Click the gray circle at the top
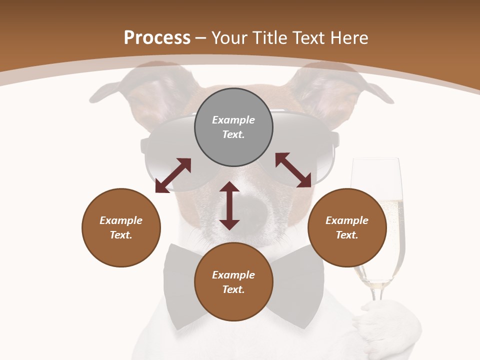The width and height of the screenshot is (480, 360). pos(233,127)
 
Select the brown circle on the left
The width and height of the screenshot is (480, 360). pos(121,227)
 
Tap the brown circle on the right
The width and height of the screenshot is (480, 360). pos(347,227)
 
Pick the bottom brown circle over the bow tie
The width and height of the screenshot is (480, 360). pos(233,282)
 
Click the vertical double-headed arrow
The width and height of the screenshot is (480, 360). pos(229,205)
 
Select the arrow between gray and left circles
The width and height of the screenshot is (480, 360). pos(173,175)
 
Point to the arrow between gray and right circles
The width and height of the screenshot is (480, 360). pos(293,170)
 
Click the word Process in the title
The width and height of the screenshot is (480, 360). pos(157,37)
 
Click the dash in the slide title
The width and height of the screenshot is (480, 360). pos(201,38)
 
